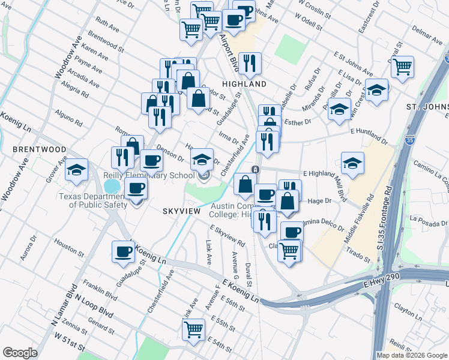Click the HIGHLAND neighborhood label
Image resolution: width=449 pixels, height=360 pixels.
[x=244, y=85]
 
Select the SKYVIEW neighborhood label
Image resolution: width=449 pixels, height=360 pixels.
[x=180, y=211]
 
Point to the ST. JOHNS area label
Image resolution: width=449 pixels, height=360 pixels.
[x=427, y=107]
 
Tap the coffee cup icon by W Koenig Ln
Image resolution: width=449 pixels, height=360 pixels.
[x=124, y=251]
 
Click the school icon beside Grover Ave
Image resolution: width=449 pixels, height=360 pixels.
[x=77, y=170]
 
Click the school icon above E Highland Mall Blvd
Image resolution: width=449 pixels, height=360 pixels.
[x=352, y=163]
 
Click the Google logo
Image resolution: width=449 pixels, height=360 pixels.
[x=20, y=353]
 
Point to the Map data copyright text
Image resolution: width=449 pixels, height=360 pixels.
[x=411, y=355]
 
